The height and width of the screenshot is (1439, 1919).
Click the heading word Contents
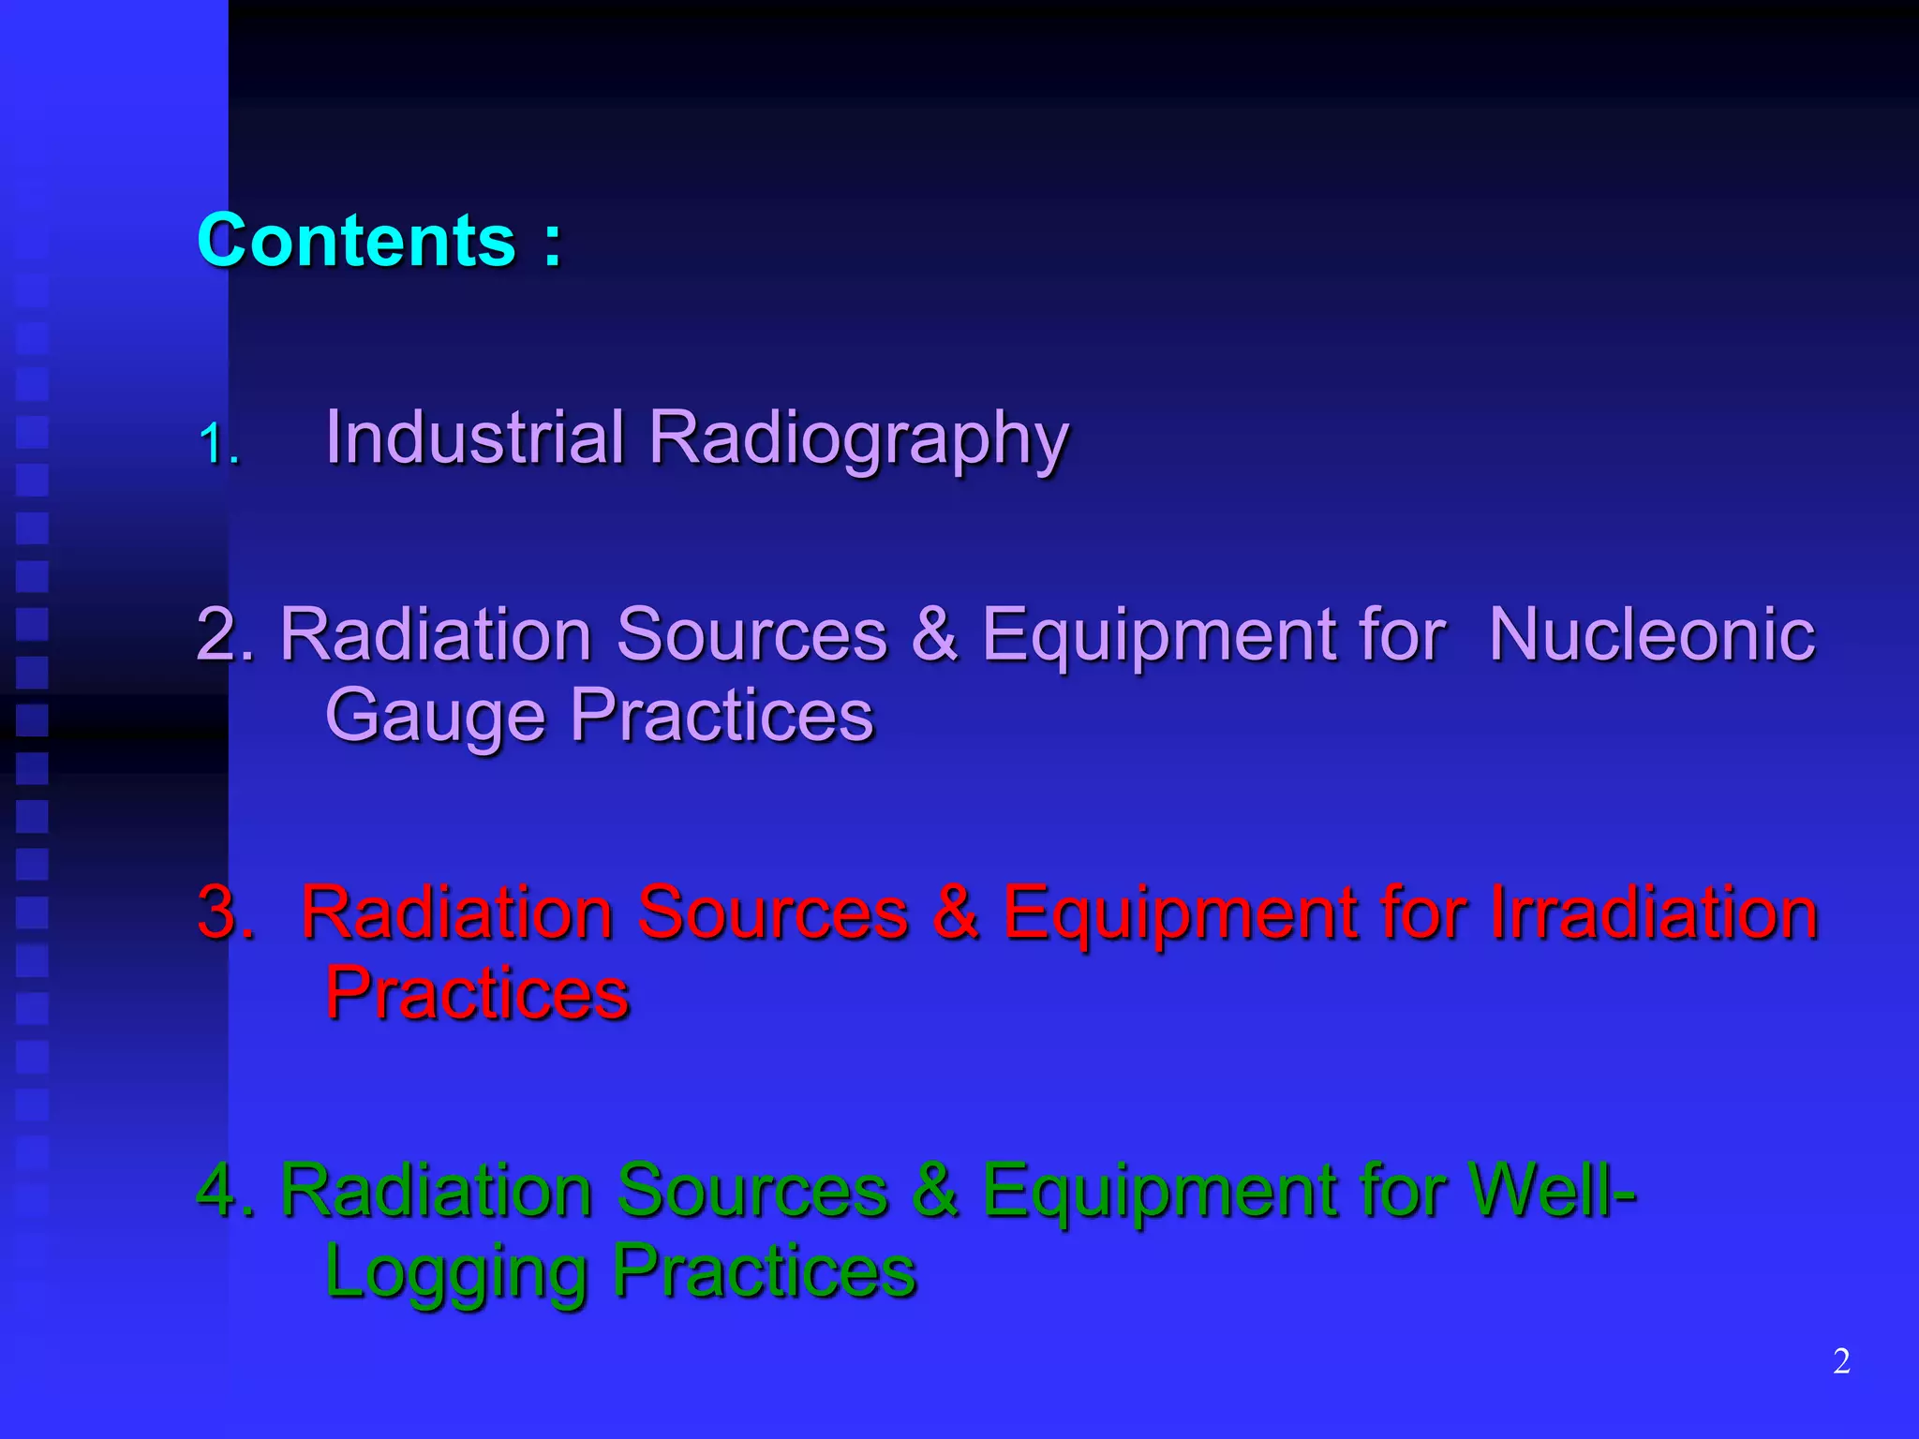356,241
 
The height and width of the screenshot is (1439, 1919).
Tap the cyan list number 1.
217,443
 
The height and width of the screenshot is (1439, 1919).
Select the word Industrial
474,438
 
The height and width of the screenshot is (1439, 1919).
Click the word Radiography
858,440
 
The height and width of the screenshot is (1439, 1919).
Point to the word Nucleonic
1651,634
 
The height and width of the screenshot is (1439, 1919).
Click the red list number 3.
225,912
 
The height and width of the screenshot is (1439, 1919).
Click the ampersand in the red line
955,912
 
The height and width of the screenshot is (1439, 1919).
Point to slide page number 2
1841,1361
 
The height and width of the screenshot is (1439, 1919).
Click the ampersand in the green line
934,1190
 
